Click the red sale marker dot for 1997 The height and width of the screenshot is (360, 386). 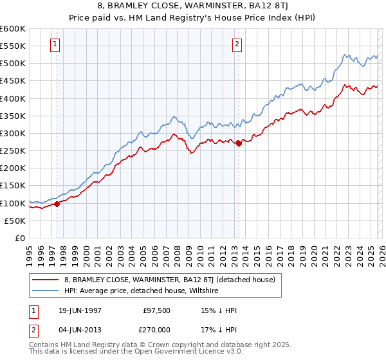(x=57, y=204)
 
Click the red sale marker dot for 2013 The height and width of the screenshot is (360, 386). (x=239, y=143)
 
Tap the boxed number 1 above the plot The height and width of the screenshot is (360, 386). (x=55, y=44)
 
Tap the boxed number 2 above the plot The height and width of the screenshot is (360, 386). (x=237, y=44)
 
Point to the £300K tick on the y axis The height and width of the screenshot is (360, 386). (x=13, y=134)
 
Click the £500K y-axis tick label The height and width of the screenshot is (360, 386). (x=13, y=64)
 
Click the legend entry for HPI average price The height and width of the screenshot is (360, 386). (x=141, y=291)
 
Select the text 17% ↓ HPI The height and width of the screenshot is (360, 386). (x=219, y=330)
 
